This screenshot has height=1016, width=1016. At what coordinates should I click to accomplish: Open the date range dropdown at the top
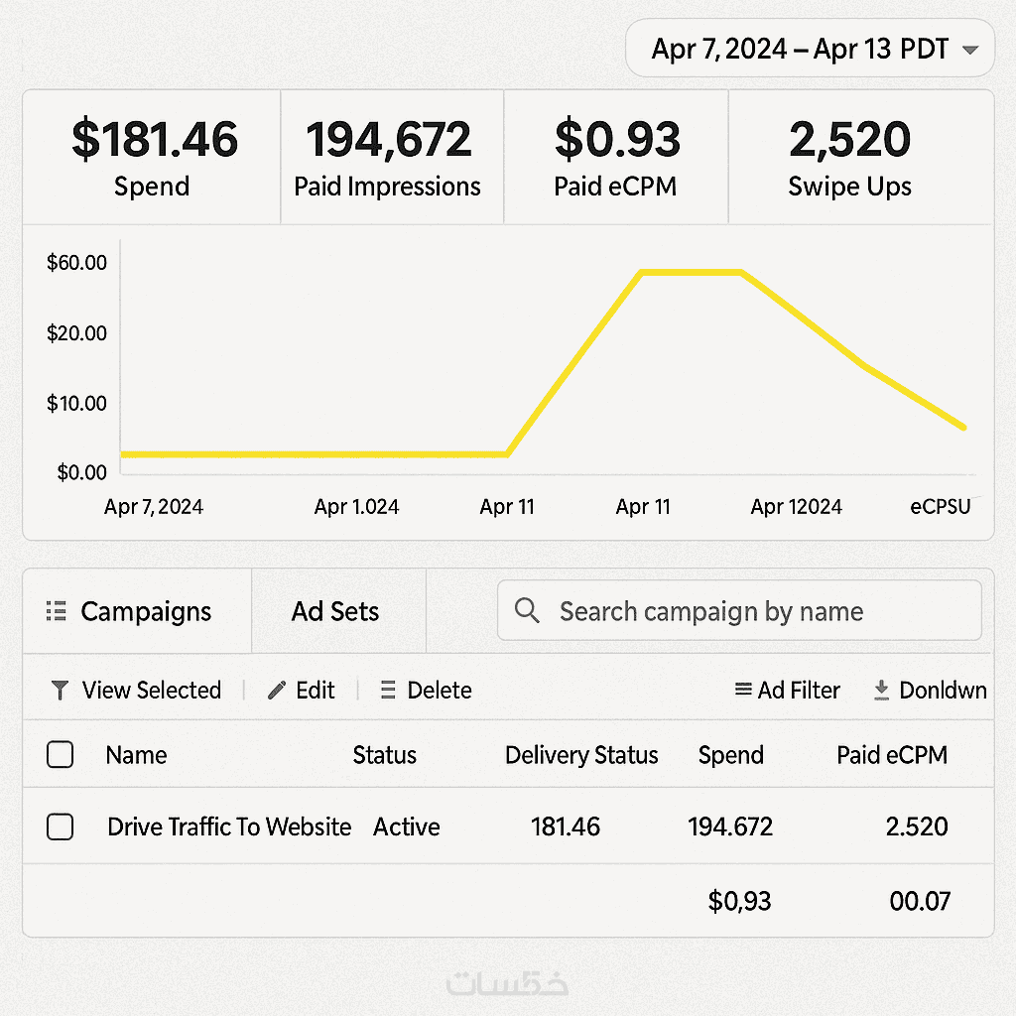810,49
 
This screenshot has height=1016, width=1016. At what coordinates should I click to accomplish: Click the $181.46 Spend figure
154,139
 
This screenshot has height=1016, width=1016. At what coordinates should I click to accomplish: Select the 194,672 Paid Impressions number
388,139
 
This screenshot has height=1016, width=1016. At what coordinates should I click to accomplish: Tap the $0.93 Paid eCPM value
617,139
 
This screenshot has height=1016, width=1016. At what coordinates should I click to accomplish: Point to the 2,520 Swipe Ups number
849,139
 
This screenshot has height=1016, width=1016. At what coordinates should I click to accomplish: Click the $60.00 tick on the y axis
76,263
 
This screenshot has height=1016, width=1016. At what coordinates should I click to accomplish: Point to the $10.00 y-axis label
76,403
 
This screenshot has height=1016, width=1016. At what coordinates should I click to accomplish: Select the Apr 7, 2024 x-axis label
154,507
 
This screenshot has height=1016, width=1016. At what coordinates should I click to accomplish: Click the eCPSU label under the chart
941,507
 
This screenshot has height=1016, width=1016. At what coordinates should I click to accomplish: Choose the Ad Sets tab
335,611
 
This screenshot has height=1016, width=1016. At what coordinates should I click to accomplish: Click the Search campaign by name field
739,611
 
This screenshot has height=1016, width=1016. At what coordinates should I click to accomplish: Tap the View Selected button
136,691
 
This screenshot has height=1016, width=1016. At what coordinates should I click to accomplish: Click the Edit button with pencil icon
302,691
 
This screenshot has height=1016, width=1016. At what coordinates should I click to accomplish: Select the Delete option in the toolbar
427,691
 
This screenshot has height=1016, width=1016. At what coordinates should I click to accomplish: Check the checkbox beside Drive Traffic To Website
61,826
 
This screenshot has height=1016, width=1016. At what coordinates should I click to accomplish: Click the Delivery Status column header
581,755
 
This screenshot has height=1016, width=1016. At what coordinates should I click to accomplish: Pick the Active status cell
407,826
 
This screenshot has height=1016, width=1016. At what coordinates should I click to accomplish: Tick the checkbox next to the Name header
61,755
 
